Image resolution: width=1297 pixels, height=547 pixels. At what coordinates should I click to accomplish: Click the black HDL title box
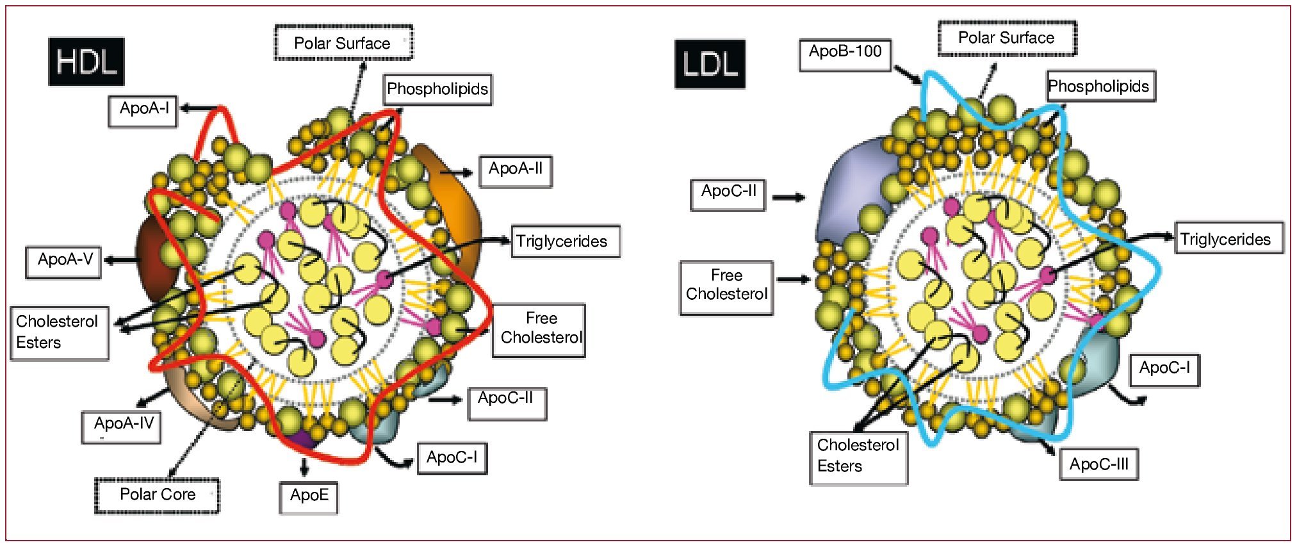pyautogui.click(x=86, y=62)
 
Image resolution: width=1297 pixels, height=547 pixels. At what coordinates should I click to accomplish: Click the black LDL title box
pyautogui.click(x=710, y=64)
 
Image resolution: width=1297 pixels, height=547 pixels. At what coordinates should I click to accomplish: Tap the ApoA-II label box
pyautogui.click(x=516, y=170)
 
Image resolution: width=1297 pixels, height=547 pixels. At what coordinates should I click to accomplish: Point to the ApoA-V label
pyautogui.click(x=63, y=261)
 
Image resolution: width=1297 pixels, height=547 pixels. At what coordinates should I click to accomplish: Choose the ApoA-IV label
pyautogui.click(x=122, y=426)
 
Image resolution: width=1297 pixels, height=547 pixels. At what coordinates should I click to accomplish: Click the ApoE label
pyautogui.click(x=309, y=497)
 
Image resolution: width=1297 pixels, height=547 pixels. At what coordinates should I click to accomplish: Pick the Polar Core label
pyautogui.click(x=157, y=496)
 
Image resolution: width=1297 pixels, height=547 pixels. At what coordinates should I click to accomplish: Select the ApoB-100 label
pyautogui.click(x=845, y=54)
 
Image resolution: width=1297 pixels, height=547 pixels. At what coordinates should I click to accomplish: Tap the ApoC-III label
pyautogui.click(x=1098, y=465)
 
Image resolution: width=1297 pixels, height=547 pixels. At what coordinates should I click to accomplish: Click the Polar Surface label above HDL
pyautogui.click(x=343, y=44)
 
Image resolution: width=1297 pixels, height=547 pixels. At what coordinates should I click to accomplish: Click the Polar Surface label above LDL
pyautogui.click(x=1006, y=38)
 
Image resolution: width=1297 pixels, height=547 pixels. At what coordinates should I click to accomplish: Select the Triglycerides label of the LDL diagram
pyautogui.click(x=1228, y=239)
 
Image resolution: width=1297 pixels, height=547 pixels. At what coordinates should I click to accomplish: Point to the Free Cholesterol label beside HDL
pyautogui.click(x=539, y=329)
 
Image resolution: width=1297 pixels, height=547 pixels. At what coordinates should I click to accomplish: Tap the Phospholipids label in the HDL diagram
pyautogui.click(x=438, y=89)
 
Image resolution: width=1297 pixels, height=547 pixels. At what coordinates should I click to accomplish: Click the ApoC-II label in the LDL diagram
pyautogui.click(x=728, y=194)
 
